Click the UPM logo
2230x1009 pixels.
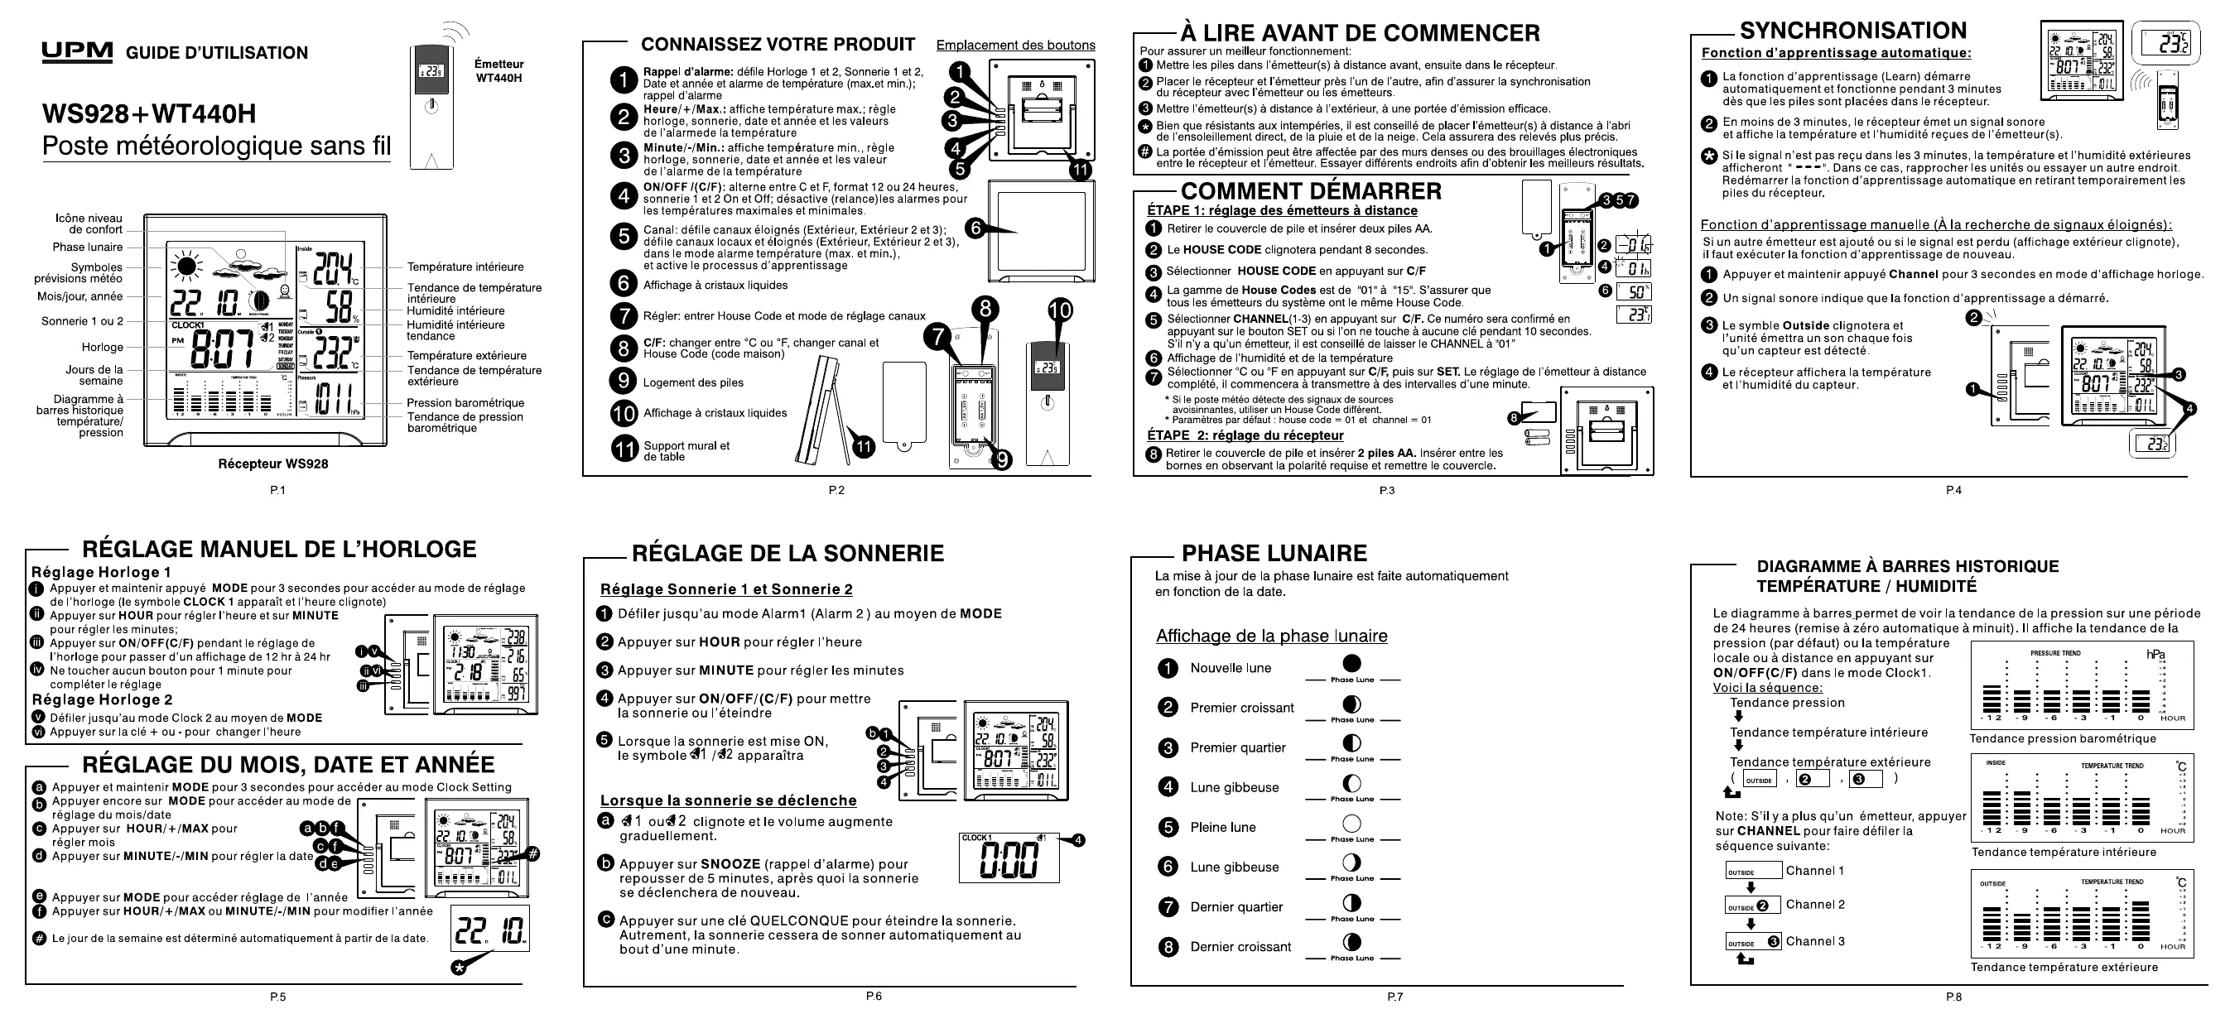77,52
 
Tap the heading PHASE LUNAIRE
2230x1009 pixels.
1274,553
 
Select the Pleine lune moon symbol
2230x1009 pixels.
1351,823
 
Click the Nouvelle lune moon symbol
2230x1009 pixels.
1351,664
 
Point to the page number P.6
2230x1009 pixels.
874,996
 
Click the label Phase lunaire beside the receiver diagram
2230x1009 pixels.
88,247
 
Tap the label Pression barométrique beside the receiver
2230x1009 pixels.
465,403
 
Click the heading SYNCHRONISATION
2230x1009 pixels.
1852,31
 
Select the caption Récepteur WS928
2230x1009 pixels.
272,464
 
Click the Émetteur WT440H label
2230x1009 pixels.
498,71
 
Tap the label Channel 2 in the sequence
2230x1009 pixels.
1814,904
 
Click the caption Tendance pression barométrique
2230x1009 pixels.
2062,738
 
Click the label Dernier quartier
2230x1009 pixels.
1236,907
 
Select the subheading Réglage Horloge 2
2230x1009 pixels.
102,699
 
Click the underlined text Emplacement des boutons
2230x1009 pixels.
1014,45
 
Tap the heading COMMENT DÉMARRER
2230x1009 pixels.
1311,191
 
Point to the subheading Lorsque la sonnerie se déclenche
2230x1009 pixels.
728,800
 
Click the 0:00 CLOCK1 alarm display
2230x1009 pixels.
1009,857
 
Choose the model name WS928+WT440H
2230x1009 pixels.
149,113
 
